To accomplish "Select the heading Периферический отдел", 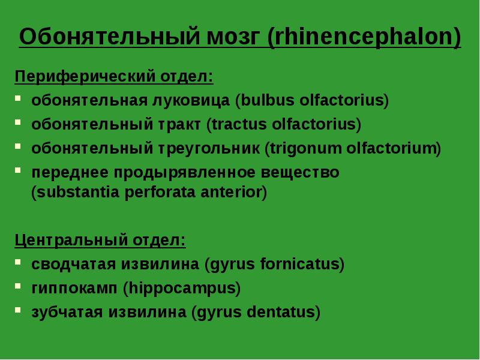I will pyautogui.click(x=114, y=77).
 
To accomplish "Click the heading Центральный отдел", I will pyautogui.click(x=100, y=241).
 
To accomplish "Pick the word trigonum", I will pyautogui.click(x=296, y=149).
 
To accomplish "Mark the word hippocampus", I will pyautogui.click(x=181, y=288).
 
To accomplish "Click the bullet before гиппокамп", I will pyautogui.click(x=19, y=286).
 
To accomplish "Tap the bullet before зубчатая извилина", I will pyautogui.click(x=19, y=310).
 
